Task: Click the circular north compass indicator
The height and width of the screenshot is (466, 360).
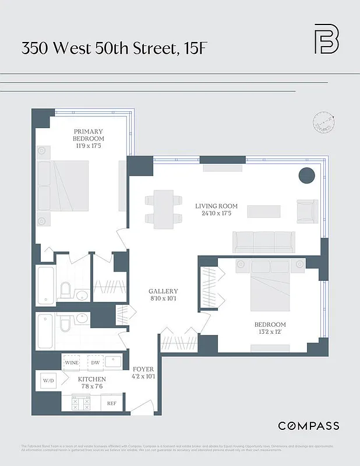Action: pos(326,121)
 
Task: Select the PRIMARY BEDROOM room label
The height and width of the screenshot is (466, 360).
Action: pos(89,135)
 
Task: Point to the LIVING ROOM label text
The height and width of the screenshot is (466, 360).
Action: pos(214,206)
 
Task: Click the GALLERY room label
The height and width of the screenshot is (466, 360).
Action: pos(163,291)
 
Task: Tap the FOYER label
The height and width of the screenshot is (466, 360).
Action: pos(143,369)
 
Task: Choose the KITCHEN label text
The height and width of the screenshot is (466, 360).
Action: pos(92,379)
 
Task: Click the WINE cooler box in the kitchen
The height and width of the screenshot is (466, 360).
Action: pos(72,362)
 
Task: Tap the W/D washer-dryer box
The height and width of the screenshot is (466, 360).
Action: pos(48,382)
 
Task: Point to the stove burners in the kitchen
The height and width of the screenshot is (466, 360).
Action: pos(82,402)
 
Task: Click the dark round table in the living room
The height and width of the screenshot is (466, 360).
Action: pos(306,175)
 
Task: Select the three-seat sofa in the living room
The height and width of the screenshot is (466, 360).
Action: pos(263,241)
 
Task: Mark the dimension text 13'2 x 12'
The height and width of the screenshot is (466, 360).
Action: pos(269,333)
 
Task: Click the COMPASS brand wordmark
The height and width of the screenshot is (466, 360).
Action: pos(308,426)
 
